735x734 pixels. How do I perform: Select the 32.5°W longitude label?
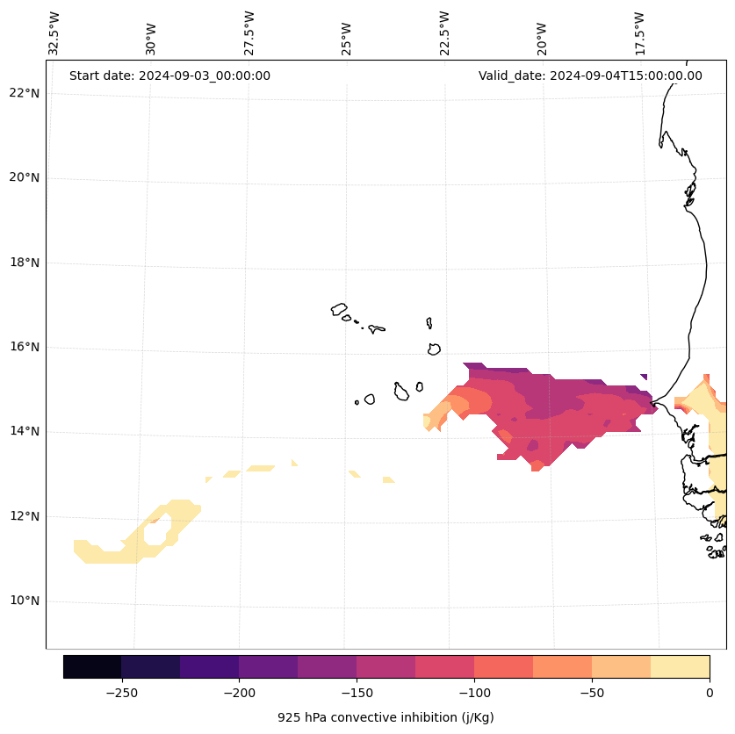tap(54, 33)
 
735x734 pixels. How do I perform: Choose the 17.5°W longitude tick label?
tap(640, 33)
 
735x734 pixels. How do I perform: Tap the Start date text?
tap(169, 76)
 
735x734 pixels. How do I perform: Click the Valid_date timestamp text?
tap(590, 76)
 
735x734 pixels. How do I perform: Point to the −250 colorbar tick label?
tap(121, 693)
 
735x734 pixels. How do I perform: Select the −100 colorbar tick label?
tap(474, 693)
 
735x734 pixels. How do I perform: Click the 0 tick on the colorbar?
tap(709, 693)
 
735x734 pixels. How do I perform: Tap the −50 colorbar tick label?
tap(592, 693)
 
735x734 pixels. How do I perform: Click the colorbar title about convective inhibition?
tap(386, 717)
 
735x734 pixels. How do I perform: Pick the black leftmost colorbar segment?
tap(92, 666)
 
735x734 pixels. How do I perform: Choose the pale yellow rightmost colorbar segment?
tap(680, 666)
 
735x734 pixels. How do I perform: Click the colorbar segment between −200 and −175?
tap(268, 666)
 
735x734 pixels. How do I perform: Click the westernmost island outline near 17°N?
tap(339, 309)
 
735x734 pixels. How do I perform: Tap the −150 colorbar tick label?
tap(357, 693)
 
